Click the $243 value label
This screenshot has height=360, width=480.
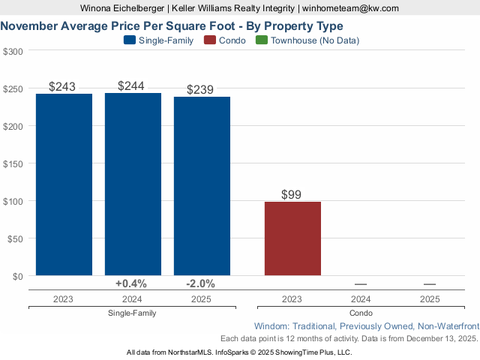[62, 87]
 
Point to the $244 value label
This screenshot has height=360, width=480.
[131, 86]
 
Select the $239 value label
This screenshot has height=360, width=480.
[200, 90]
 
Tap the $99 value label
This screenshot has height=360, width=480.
[291, 195]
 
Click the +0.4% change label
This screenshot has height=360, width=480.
[131, 283]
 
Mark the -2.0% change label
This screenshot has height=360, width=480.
[200, 283]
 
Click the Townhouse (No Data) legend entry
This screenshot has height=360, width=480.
[314, 40]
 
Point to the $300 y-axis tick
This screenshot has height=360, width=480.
[13, 51]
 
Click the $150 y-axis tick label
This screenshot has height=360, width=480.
[13, 163]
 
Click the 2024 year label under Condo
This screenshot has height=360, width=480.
[361, 298]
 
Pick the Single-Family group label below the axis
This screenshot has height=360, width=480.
[132, 313]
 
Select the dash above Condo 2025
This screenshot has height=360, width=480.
[430, 284]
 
